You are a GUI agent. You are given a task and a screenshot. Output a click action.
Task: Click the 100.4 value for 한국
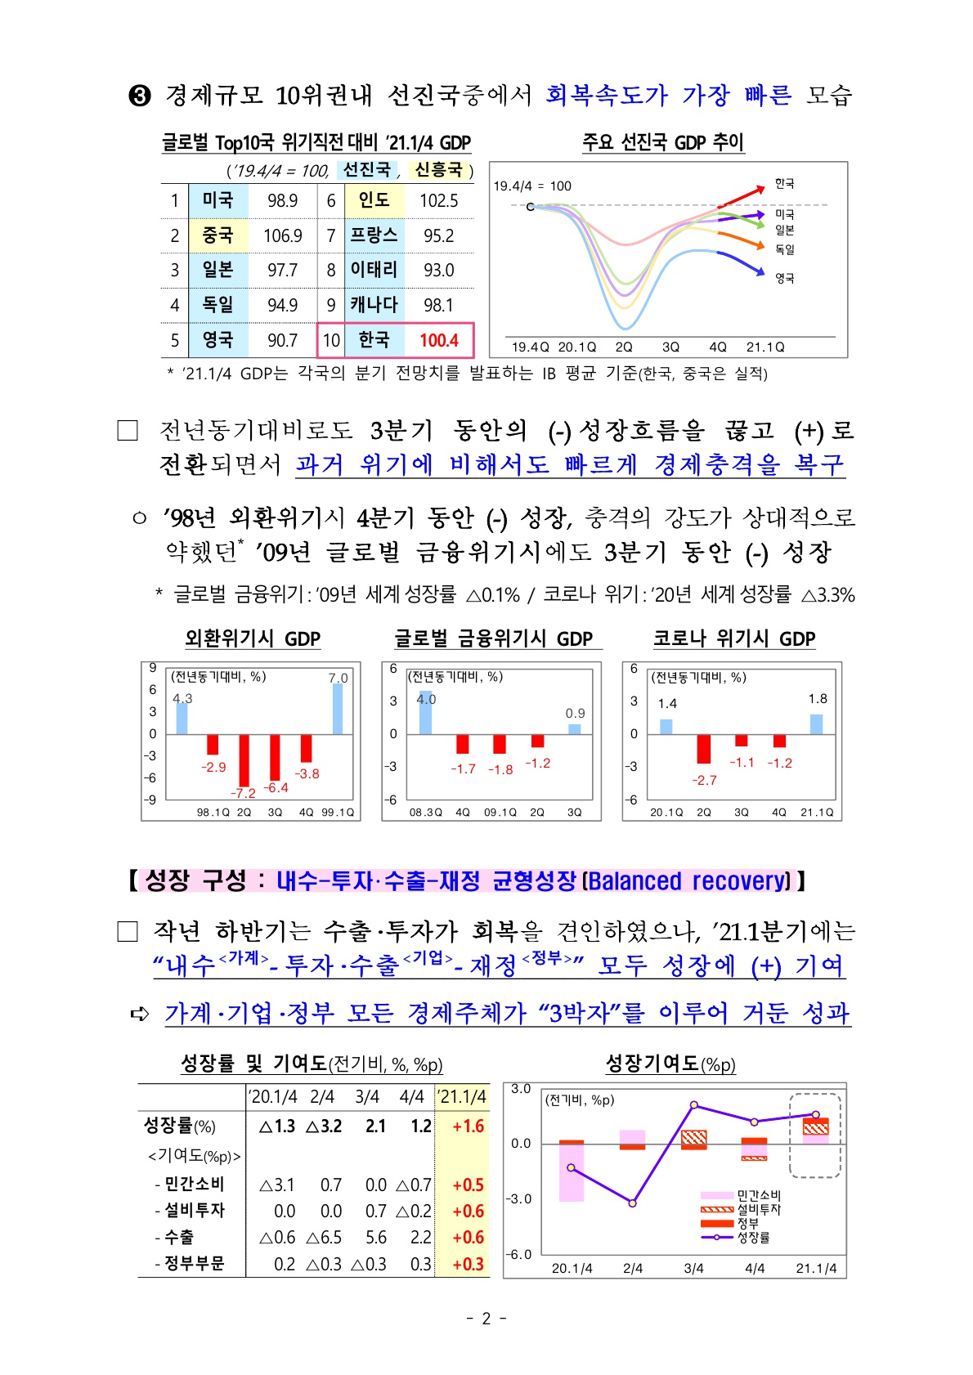point(439,340)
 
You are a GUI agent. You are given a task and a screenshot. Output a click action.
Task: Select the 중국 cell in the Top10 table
point(217,235)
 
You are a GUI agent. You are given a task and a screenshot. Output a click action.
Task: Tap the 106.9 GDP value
point(282,236)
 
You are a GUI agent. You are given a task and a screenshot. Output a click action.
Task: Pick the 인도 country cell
point(374,200)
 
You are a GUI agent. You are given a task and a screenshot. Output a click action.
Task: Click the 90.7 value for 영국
point(282,340)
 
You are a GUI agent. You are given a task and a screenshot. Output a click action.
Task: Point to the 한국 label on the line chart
point(784,184)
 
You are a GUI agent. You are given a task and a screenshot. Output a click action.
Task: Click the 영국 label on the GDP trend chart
point(784,279)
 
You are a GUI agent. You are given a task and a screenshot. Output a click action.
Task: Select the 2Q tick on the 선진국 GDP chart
point(624,347)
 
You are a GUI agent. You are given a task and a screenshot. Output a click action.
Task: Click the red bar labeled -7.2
point(244,759)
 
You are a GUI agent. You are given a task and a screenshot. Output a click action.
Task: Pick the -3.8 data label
point(307,773)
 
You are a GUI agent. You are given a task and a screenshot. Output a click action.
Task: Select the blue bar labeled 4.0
point(425,713)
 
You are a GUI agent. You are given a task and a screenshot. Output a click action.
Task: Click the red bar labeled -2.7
point(703,749)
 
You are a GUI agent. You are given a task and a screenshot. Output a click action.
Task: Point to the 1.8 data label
point(818,699)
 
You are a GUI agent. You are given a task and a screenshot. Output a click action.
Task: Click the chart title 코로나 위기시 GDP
point(733,638)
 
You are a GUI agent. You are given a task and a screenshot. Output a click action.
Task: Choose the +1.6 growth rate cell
point(468,1126)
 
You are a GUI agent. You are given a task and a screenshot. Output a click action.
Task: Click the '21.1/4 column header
point(463,1096)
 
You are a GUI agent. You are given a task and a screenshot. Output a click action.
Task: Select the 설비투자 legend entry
point(758,1209)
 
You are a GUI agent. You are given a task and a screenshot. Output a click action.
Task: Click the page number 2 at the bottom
point(486,1318)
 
